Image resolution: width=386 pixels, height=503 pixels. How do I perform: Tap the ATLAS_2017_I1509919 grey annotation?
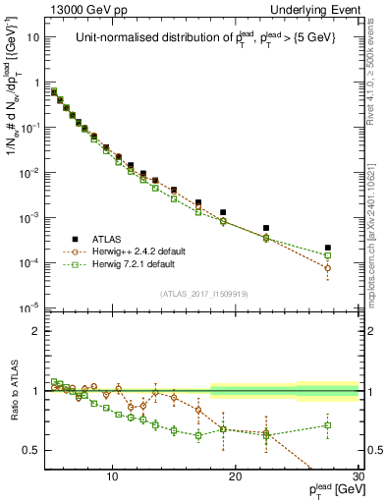[x=205, y=294]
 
